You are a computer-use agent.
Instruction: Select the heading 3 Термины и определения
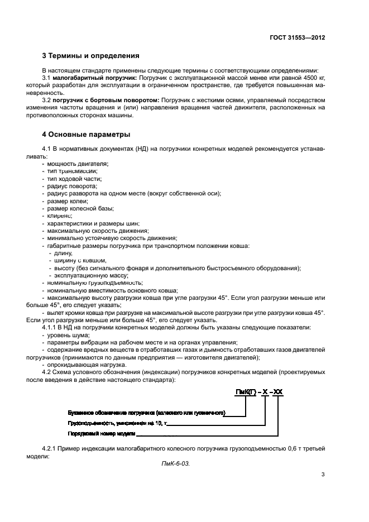tap(91, 56)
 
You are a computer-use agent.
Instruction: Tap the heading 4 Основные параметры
tap(87, 135)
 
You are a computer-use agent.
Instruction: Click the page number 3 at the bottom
tap(323, 474)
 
